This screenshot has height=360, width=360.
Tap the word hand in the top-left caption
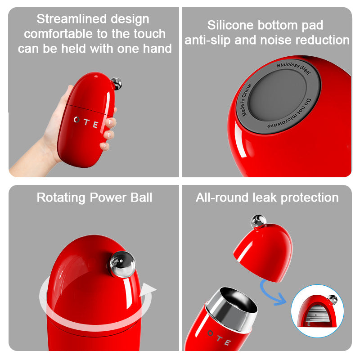pyautogui.click(x=157, y=49)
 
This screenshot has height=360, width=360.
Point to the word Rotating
pyautogui.click(x=61, y=198)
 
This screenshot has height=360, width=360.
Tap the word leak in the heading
pyautogui.click(x=265, y=198)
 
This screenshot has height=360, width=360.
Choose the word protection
pyautogui.click(x=310, y=198)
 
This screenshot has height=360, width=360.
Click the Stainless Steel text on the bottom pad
pyautogui.click(x=294, y=68)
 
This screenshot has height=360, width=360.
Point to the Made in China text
pyautogui.click(x=246, y=100)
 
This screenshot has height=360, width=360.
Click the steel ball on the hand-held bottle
pyautogui.click(x=117, y=83)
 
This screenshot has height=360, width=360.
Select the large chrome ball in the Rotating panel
pyautogui.click(x=122, y=264)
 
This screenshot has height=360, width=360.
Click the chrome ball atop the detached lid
pyautogui.click(x=258, y=221)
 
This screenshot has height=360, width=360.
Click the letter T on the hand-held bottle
pyautogui.click(x=86, y=122)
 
